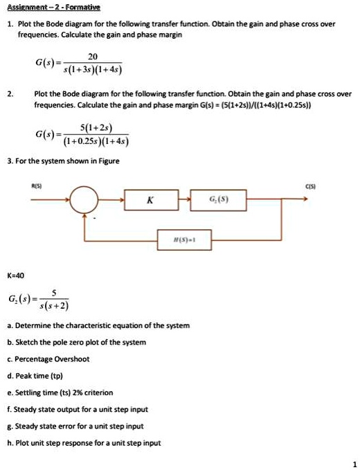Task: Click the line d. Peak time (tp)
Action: click(47, 376)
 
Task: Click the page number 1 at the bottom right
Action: click(352, 463)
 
